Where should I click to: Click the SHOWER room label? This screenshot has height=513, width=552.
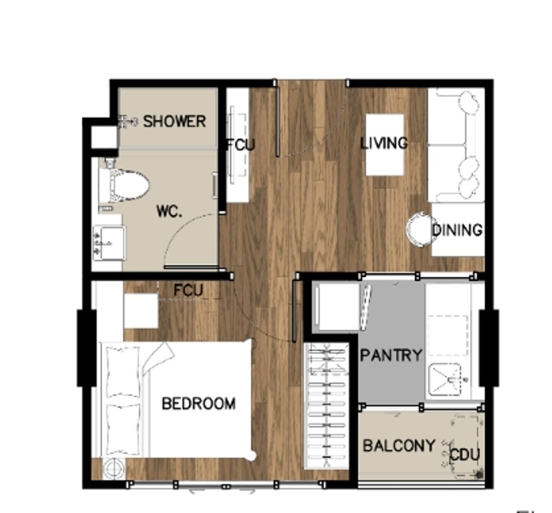pyautogui.click(x=174, y=122)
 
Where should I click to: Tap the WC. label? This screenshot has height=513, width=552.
pyautogui.click(x=169, y=212)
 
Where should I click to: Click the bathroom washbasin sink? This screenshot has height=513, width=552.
pyautogui.click(x=109, y=243)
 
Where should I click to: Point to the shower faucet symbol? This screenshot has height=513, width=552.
pyautogui.click(x=127, y=121)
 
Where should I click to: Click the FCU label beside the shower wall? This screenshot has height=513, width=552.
pyautogui.click(x=241, y=145)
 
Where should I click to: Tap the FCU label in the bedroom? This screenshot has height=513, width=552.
pyautogui.click(x=189, y=291)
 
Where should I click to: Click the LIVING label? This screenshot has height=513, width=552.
pyautogui.click(x=384, y=143)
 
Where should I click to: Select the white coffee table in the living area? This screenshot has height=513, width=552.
pyautogui.click(x=385, y=145)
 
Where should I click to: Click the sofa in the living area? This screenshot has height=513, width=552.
pyautogui.click(x=456, y=145)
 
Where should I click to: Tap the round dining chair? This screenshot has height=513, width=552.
pyautogui.click(x=419, y=229)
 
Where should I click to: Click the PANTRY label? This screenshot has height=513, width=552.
pyautogui.click(x=391, y=355)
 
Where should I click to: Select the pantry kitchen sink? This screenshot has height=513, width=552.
pyautogui.click(x=445, y=379)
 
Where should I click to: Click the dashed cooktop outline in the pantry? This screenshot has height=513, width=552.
pyautogui.click(x=448, y=336)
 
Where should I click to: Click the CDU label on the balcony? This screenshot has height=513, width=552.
pyautogui.click(x=465, y=455)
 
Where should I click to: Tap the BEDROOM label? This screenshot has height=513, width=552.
pyautogui.click(x=199, y=404)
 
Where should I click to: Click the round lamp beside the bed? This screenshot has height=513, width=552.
pyautogui.click(x=114, y=468)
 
